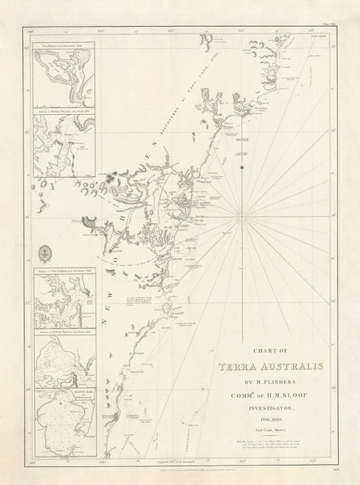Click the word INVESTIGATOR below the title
265,410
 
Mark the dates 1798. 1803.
265,421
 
